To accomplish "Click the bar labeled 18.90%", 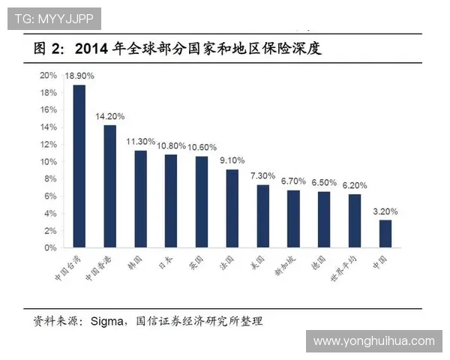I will tap(79, 166).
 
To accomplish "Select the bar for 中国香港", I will tap(109, 186).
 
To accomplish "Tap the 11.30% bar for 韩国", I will tap(140, 199).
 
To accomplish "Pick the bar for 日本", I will tap(171, 201).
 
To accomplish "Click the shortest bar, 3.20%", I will tap(385, 233).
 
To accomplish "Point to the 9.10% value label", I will tap(232, 160).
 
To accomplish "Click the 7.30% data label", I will tap(263, 175).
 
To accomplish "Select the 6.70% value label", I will tap(294, 181).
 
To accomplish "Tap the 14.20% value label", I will tap(109, 116).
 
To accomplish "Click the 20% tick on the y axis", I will tap(49, 75).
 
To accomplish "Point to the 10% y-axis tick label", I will tap(49, 161).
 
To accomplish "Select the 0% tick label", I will tap(51, 247).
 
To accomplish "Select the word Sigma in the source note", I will tap(106, 322).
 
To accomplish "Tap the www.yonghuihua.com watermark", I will tap(373, 341).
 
